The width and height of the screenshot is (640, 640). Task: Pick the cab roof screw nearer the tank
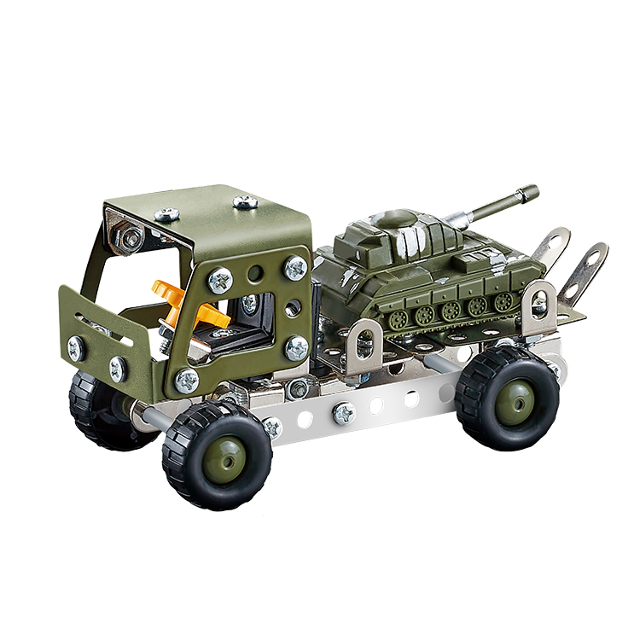pos(246,202)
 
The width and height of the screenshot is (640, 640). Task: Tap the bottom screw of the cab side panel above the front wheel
pos(187,379)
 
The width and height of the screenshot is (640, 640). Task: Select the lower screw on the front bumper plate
pos(118,369)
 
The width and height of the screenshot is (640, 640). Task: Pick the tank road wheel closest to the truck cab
pos(398,319)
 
